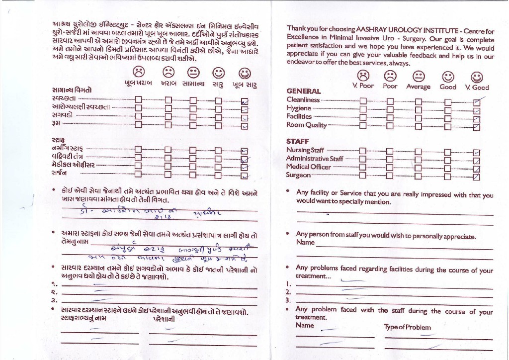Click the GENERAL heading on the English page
coord(303,91)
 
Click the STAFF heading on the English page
coord(297,141)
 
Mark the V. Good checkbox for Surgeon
coord(477,176)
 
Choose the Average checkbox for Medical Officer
coord(419,168)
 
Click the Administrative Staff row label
coord(314,159)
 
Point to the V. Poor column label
coord(363,86)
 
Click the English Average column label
coord(418,87)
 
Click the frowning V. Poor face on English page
coord(363,75)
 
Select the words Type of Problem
coord(407,327)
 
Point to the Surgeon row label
coord(298,175)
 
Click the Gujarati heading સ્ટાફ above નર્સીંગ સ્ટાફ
coord(58,140)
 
